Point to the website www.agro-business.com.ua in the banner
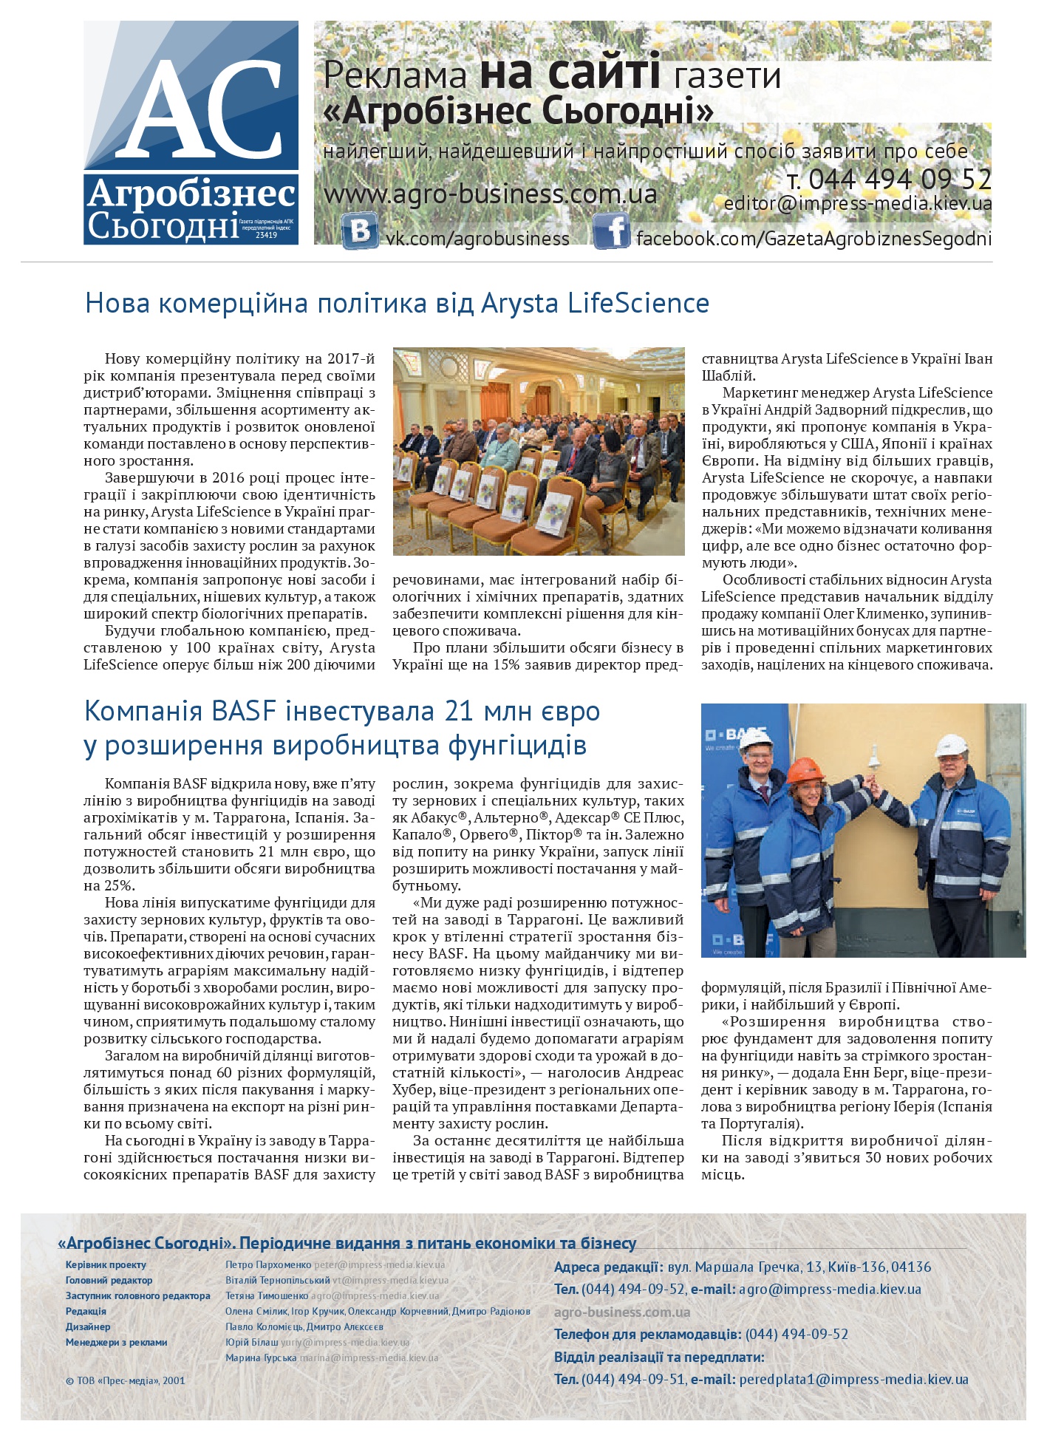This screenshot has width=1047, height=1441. click(x=490, y=194)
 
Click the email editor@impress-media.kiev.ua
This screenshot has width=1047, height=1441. click(x=857, y=203)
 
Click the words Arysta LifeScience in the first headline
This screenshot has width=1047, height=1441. click(x=595, y=303)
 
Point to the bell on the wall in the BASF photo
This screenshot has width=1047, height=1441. click(x=873, y=759)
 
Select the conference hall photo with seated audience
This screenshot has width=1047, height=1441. click(x=539, y=451)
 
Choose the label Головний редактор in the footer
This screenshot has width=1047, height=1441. click(x=109, y=1280)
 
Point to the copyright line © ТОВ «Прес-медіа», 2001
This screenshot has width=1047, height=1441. click(x=125, y=1380)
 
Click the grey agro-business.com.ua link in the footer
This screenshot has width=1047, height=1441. click(x=622, y=1312)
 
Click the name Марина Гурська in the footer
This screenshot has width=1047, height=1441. click(x=261, y=1357)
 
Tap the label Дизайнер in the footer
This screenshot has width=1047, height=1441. click(x=88, y=1326)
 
